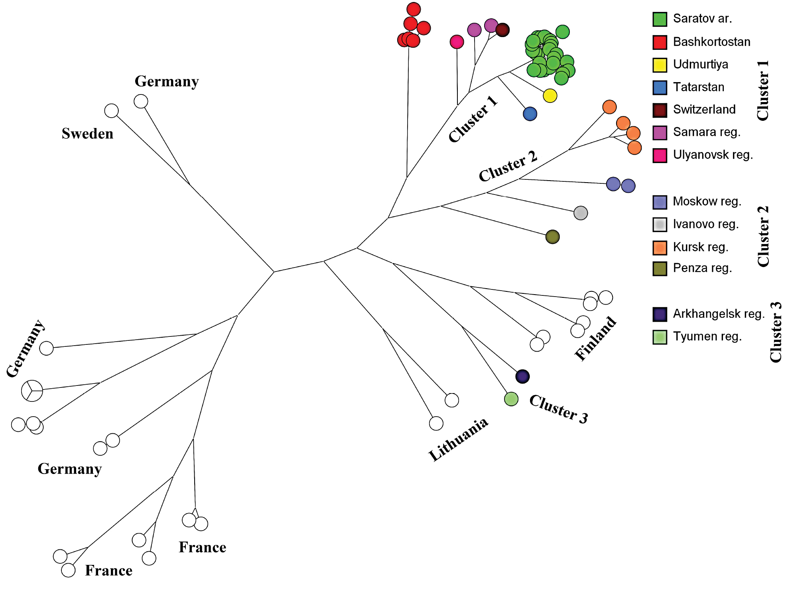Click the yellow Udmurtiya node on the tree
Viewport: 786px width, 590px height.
click(550, 96)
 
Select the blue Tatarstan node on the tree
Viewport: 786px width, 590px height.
click(530, 114)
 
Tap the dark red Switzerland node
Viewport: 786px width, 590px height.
click(502, 30)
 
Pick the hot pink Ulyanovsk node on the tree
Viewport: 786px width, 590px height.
click(457, 42)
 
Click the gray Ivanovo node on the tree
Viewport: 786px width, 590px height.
click(581, 213)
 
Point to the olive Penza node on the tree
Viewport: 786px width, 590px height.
click(552, 237)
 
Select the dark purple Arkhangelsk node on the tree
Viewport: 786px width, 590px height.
click(522, 376)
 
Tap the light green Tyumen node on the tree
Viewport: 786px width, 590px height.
click(511, 399)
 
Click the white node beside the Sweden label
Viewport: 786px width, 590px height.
click(112, 111)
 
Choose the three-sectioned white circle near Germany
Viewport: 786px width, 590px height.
click(32, 391)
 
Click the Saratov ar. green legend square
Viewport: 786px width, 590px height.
click(660, 19)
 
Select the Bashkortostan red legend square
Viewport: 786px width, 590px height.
click(660, 42)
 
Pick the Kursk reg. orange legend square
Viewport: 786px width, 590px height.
click(660, 248)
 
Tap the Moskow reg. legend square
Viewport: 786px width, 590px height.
click(660, 202)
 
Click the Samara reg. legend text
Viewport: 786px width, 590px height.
click(706, 132)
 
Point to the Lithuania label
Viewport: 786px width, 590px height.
click(458, 440)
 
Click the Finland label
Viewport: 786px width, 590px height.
click(595, 338)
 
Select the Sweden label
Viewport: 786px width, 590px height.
click(87, 134)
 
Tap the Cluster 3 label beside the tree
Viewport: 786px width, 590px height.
click(558, 409)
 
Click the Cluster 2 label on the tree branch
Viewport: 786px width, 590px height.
click(508, 166)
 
